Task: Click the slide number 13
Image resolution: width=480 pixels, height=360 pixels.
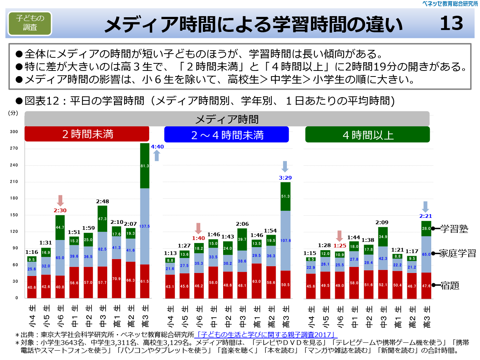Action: (451, 23)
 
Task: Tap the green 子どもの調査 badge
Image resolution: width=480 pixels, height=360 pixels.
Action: (30, 23)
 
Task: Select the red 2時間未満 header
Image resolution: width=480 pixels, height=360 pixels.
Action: (87, 134)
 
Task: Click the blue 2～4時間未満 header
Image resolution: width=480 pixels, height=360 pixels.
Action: (226, 135)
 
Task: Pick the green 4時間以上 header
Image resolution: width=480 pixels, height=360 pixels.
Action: (367, 135)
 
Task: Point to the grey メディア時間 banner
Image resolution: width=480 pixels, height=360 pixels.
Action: (227, 119)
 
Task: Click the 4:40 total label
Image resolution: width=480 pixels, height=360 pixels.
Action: (157, 147)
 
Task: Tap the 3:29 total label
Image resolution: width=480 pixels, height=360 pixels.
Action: (285, 178)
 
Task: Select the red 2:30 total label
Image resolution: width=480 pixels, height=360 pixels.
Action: (60, 210)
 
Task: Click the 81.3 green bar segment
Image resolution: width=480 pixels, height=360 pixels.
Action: (145, 166)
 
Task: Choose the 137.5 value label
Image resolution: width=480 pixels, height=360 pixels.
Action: (145, 226)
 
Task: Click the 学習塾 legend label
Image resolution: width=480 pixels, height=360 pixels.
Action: (454, 229)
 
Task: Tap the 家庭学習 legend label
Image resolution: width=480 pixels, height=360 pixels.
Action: (457, 253)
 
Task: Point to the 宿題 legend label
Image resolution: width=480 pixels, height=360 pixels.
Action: (450, 286)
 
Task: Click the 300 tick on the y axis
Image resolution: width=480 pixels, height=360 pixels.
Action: (14, 132)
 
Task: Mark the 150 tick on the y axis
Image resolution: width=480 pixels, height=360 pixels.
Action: (14, 215)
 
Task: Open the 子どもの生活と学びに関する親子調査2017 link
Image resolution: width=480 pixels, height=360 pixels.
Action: (266, 334)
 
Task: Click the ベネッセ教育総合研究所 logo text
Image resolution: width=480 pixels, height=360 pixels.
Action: (450, 4)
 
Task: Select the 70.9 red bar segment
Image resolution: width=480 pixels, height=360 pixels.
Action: (116, 279)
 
